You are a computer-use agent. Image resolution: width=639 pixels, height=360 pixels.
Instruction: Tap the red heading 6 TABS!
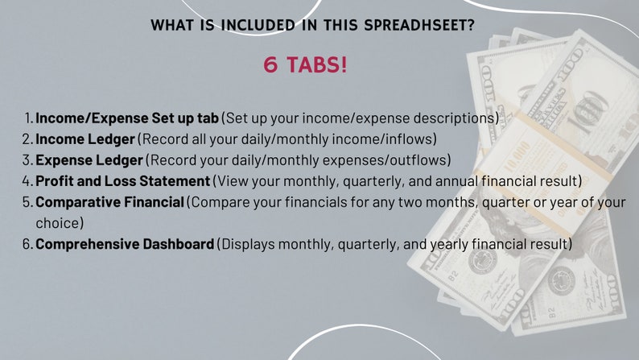306,65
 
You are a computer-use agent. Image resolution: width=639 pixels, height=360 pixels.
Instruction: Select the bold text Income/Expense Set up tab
127,118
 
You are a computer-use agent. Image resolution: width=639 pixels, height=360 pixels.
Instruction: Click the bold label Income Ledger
85,139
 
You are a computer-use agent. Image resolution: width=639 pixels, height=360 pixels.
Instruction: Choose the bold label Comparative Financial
110,201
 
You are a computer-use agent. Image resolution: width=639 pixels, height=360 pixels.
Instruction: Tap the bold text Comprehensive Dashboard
125,242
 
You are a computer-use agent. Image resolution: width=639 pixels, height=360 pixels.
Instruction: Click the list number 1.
27,118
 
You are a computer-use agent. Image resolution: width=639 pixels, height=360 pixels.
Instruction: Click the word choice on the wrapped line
58,222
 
